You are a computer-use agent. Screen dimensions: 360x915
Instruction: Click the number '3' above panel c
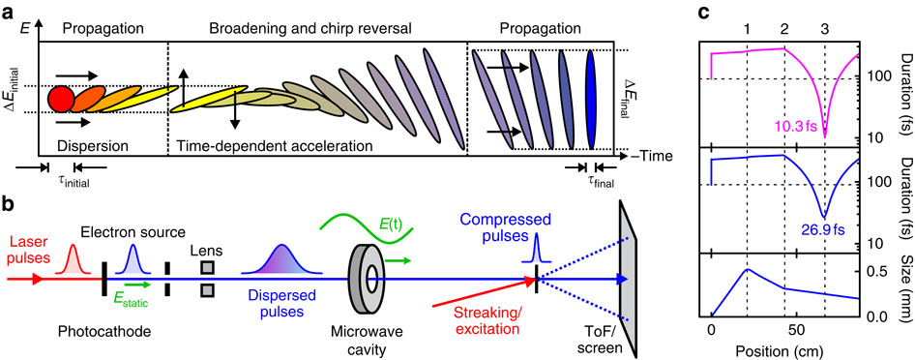(825, 17)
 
